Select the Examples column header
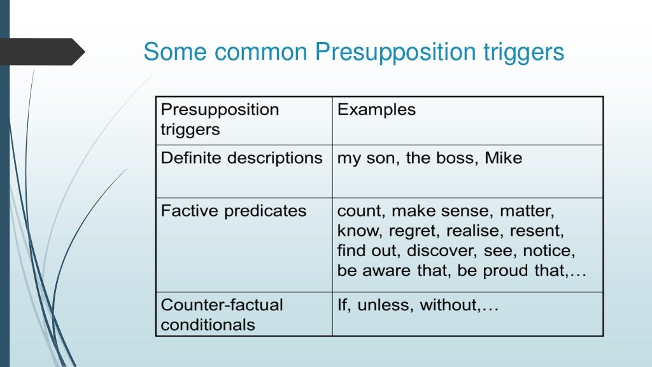tap(376, 110)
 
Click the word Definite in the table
tap(188, 158)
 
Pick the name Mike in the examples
tap(503, 158)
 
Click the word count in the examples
tap(360, 211)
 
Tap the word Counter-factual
tap(222, 305)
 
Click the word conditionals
tap(208, 325)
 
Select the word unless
tap(385, 305)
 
